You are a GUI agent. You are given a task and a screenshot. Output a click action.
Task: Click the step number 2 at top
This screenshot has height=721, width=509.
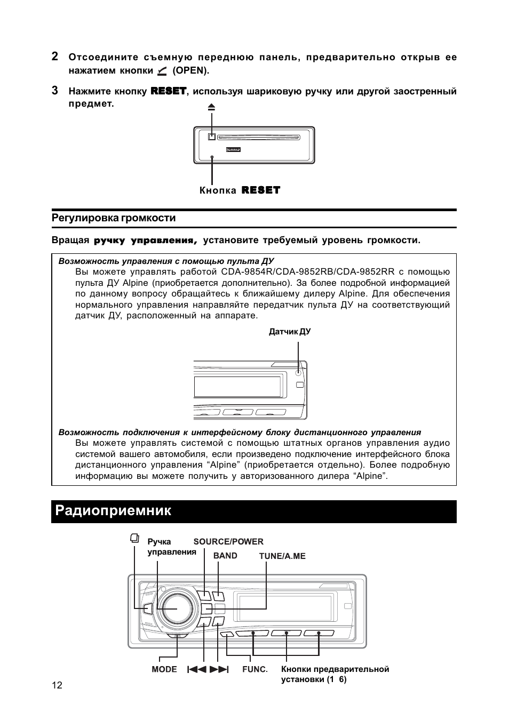(55, 57)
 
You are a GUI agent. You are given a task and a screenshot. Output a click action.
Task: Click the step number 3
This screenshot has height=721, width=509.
(55, 90)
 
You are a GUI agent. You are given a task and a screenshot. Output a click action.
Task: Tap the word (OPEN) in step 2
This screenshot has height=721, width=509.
(190, 70)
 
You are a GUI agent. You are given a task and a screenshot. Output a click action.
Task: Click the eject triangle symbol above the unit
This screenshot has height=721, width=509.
(211, 107)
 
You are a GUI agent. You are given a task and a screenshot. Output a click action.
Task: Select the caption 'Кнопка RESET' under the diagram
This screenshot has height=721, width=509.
(240, 190)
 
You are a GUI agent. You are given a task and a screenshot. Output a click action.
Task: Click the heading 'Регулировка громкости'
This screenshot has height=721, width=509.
(114, 218)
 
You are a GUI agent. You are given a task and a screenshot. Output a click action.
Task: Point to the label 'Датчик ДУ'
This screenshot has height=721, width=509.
(290, 332)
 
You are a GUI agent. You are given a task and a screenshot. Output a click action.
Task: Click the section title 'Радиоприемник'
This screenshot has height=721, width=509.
(113, 510)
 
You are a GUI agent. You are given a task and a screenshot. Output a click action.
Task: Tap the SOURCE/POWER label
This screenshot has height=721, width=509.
(228, 542)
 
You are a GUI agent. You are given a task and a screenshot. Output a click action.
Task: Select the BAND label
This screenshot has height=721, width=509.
(225, 556)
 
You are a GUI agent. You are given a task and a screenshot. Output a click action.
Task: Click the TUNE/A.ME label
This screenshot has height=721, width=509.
(282, 556)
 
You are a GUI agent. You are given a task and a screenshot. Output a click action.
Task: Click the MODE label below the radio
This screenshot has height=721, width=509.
(164, 669)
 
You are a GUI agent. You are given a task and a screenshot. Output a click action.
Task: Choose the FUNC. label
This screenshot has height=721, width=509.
(254, 669)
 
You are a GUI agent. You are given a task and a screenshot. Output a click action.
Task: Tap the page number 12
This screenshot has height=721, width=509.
(57, 686)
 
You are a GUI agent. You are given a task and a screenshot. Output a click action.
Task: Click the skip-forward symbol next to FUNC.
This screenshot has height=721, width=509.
(219, 669)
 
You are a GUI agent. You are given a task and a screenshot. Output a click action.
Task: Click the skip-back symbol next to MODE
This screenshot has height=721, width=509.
(196, 669)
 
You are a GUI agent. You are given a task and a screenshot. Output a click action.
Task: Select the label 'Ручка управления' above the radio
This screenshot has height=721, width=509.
(171, 547)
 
